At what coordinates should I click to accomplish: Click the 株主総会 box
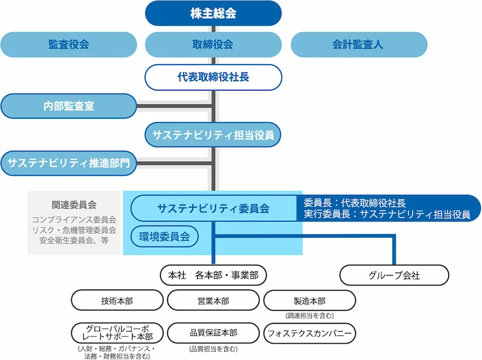[213, 13]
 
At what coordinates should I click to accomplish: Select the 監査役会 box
[69, 45]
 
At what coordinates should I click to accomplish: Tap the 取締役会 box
[213, 45]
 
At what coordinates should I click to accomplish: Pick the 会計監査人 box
[358, 45]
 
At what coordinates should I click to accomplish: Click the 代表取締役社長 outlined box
[213, 77]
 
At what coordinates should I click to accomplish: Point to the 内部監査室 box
[69, 106]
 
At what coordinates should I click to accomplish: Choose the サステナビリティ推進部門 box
[69, 163]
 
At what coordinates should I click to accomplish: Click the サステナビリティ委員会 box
[213, 209]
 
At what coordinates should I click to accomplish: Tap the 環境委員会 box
[164, 236]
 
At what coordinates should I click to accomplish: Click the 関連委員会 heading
[74, 205]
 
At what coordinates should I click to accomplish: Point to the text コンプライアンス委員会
[74, 219]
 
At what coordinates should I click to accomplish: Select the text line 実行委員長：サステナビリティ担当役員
[387, 214]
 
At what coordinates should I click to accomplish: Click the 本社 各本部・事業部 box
[213, 276]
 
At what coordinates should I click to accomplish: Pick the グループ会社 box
[394, 276]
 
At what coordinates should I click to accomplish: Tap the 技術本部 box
[117, 300]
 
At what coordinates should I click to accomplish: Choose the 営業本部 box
[213, 300]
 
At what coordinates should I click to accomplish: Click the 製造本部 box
[310, 300]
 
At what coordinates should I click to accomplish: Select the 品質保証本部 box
[213, 333]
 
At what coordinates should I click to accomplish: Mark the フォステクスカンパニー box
[310, 333]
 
